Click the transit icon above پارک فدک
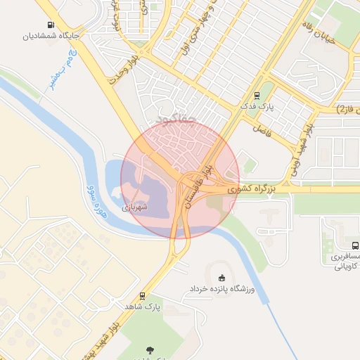point(257,95)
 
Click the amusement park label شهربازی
point(135,207)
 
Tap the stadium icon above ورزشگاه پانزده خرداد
point(223,276)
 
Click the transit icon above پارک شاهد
point(143,296)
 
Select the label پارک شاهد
point(143,307)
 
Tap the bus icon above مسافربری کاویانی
point(355,245)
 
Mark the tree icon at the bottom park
point(150,349)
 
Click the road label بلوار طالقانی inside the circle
point(195,184)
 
